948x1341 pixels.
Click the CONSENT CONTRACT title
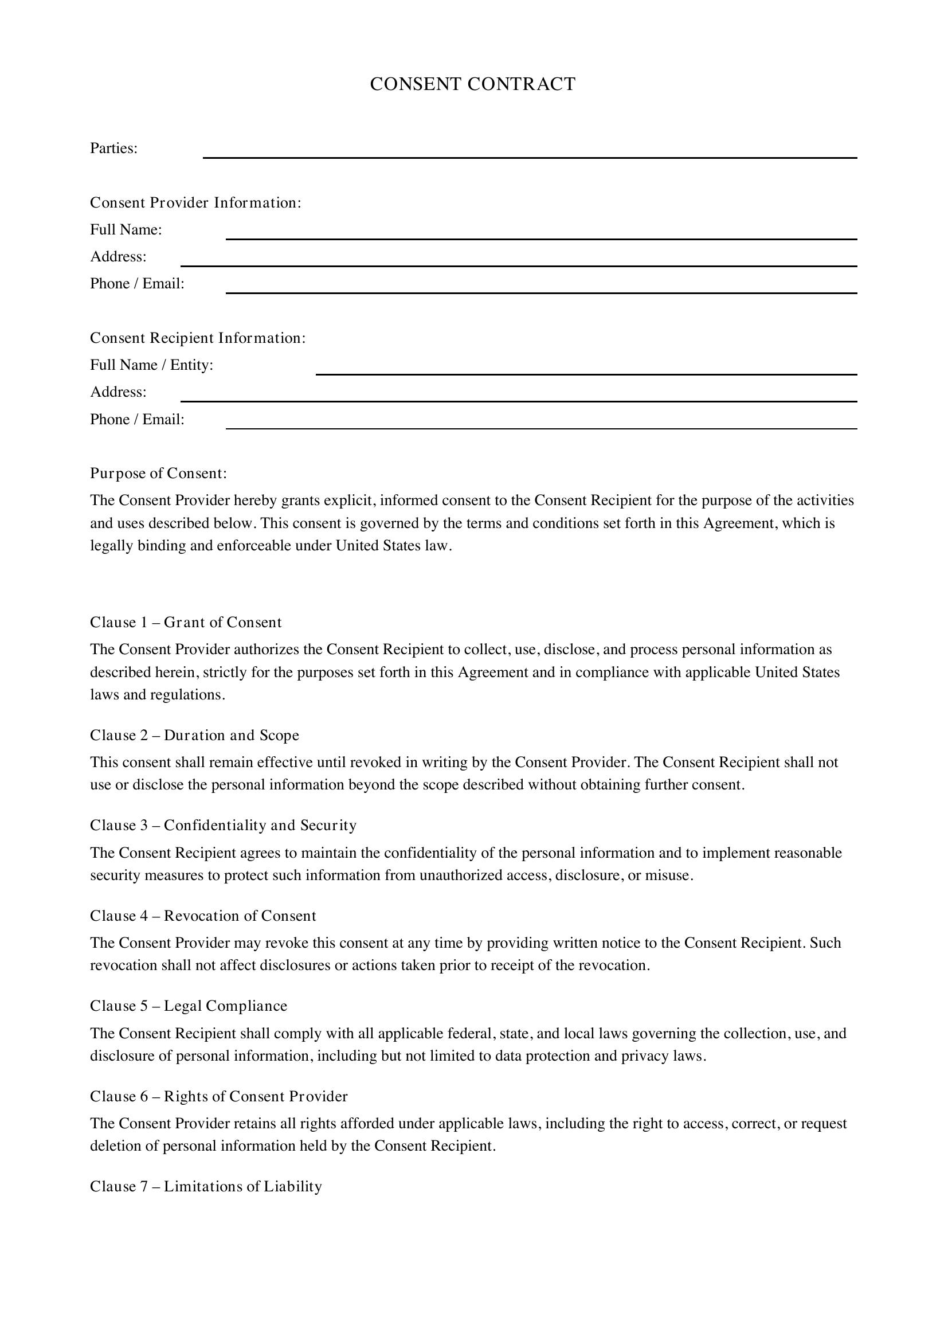point(472,84)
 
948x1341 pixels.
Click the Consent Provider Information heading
point(195,202)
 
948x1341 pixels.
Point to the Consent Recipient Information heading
point(198,338)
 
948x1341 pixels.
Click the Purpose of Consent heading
point(158,473)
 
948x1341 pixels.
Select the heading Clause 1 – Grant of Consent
point(186,623)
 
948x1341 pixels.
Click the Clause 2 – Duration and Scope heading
point(194,736)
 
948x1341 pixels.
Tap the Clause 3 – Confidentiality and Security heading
point(223,825)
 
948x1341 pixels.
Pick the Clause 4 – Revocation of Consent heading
point(202,916)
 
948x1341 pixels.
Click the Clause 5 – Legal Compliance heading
point(189,1006)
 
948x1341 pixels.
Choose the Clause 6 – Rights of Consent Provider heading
point(218,1096)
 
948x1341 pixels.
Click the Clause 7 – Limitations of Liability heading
point(206,1186)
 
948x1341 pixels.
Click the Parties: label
point(113,148)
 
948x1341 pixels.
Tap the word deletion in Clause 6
point(115,1146)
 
